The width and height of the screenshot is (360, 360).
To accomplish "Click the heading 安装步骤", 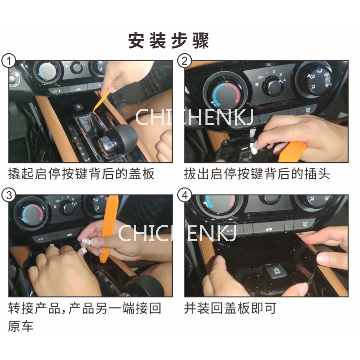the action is pyautogui.click(x=168, y=40).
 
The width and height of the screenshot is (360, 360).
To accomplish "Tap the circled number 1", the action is pyautogui.click(x=9, y=61).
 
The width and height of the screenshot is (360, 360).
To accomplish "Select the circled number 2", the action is pyautogui.click(x=184, y=61).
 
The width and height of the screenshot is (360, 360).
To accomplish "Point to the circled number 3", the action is pyautogui.click(x=9, y=195).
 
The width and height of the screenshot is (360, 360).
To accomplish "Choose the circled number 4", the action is pyautogui.click(x=184, y=195).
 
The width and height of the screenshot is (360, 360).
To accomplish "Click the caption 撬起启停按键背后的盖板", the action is pyautogui.click(x=81, y=174).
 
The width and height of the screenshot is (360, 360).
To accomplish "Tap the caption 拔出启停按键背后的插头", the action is pyautogui.click(x=256, y=174).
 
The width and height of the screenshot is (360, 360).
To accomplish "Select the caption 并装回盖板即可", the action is pyautogui.click(x=230, y=308).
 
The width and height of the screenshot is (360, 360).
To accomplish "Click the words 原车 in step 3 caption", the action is pyautogui.click(x=21, y=326).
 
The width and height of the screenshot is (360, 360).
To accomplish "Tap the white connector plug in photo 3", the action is pyautogui.click(x=87, y=241).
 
